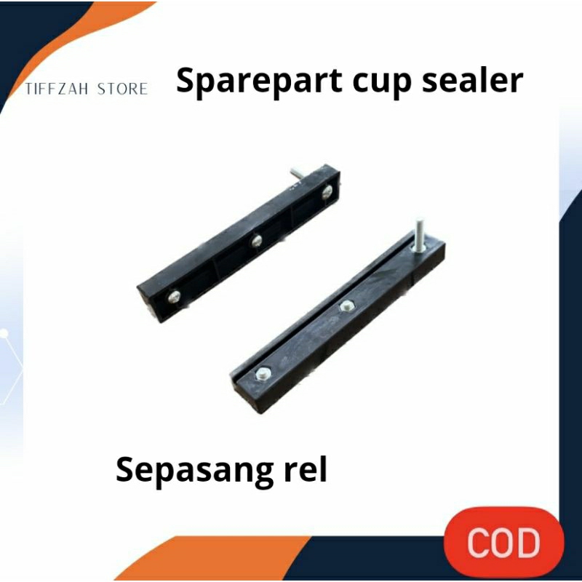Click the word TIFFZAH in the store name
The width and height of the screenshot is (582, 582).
pyautogui.click(x=57, y=89)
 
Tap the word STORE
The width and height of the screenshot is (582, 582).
pyautogui.click(x=121, y=89)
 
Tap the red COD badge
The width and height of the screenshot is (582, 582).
pyautogui.click(x=504, y=543)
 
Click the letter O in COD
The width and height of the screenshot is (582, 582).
pyautogui.click(x=505, y=543)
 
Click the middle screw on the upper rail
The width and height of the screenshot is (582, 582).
pyautogui.click(x=255, y=240)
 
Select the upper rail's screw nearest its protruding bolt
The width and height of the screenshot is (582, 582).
pyautogui.click(x=327, y=191)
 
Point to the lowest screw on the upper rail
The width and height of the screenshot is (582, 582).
pyautogui.click(x=174, y=295)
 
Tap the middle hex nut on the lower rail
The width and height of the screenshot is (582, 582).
pyautogui.click(x=346, y=306)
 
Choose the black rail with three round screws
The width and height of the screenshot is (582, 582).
pyautogui.click(x=240, y=244)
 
